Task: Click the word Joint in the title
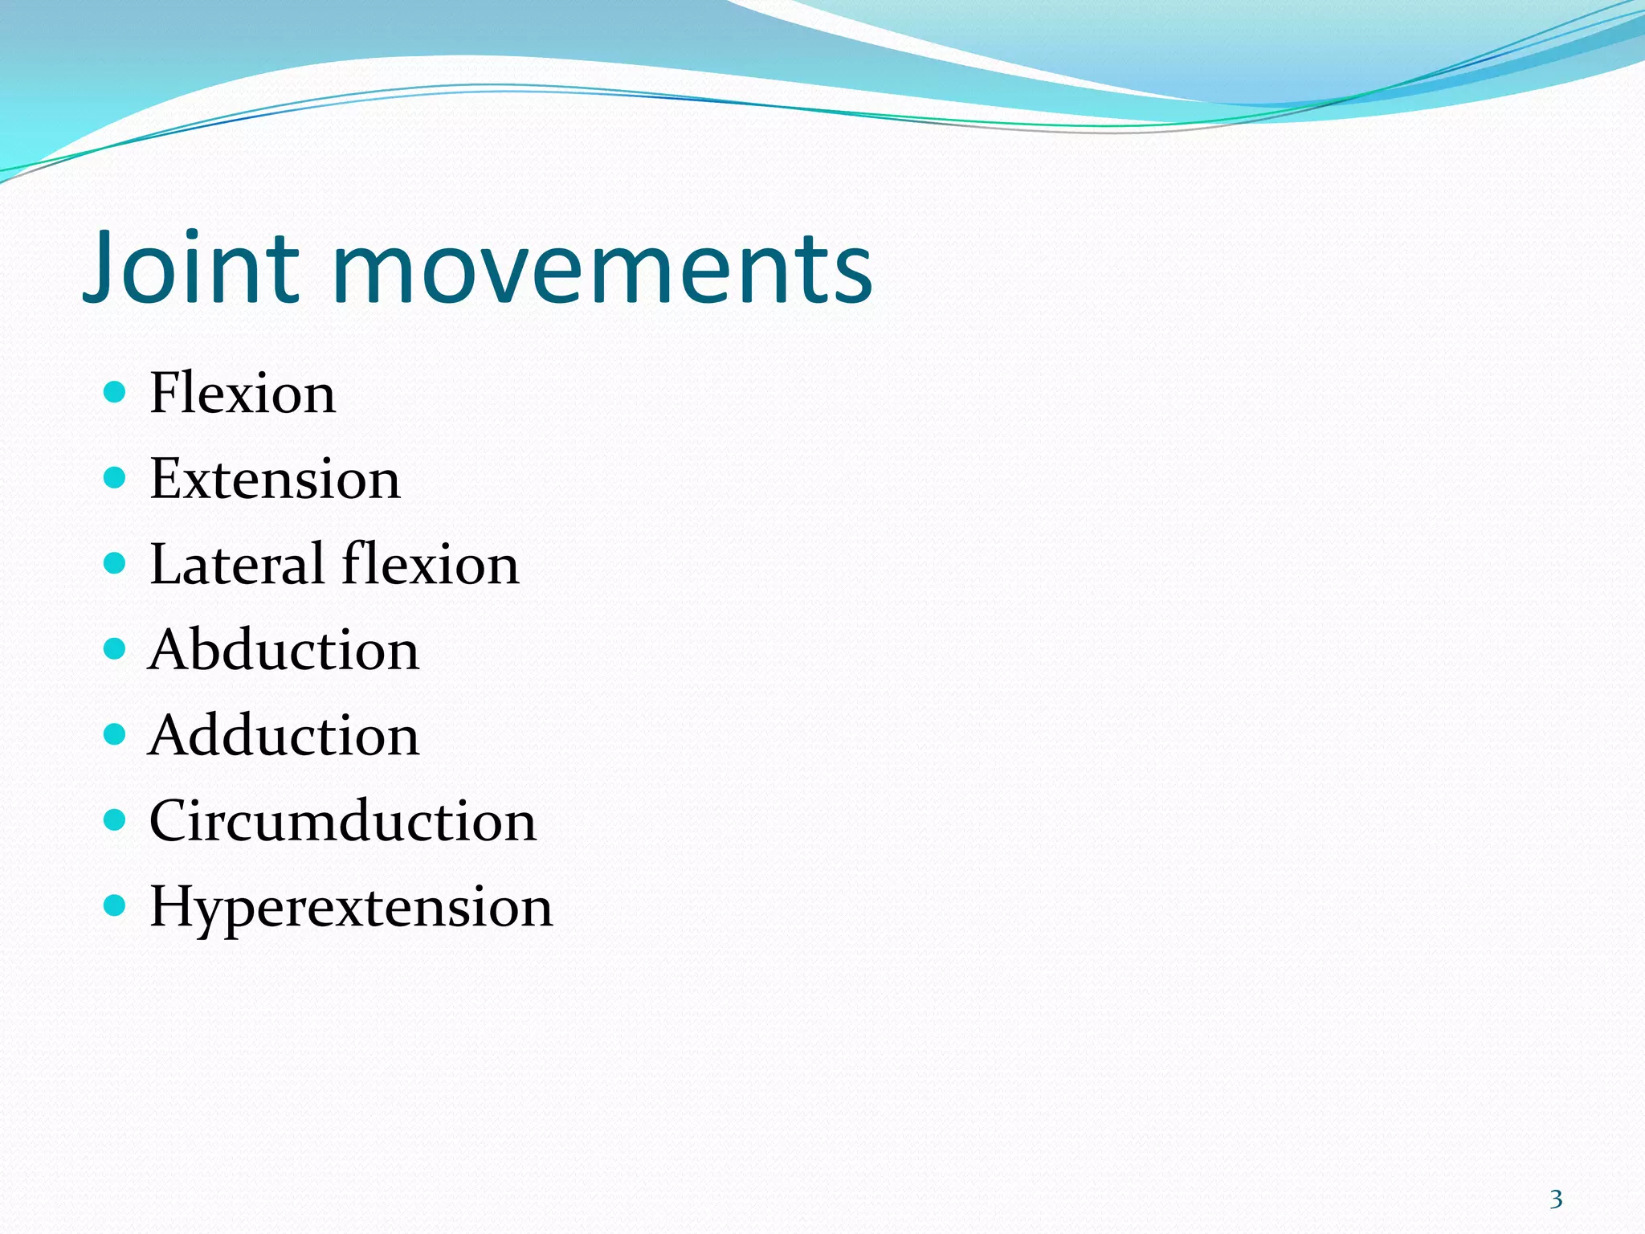[191, 267]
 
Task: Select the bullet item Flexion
[243, 394]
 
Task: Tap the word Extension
[275, 480]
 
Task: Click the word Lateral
[237, 565]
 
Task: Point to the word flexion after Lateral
[431, 565]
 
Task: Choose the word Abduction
[284, 650]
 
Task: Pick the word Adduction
[284, 736]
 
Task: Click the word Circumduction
[343, 822]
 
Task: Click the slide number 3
[1556, 1199]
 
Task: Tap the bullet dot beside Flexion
[116, 392]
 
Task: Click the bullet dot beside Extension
[116, 478]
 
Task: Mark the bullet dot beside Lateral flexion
[116, 563]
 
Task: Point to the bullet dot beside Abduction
[116, 648]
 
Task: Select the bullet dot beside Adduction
[116, 734]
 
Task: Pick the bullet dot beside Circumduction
[116, 820]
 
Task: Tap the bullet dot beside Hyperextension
[116, 906]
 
